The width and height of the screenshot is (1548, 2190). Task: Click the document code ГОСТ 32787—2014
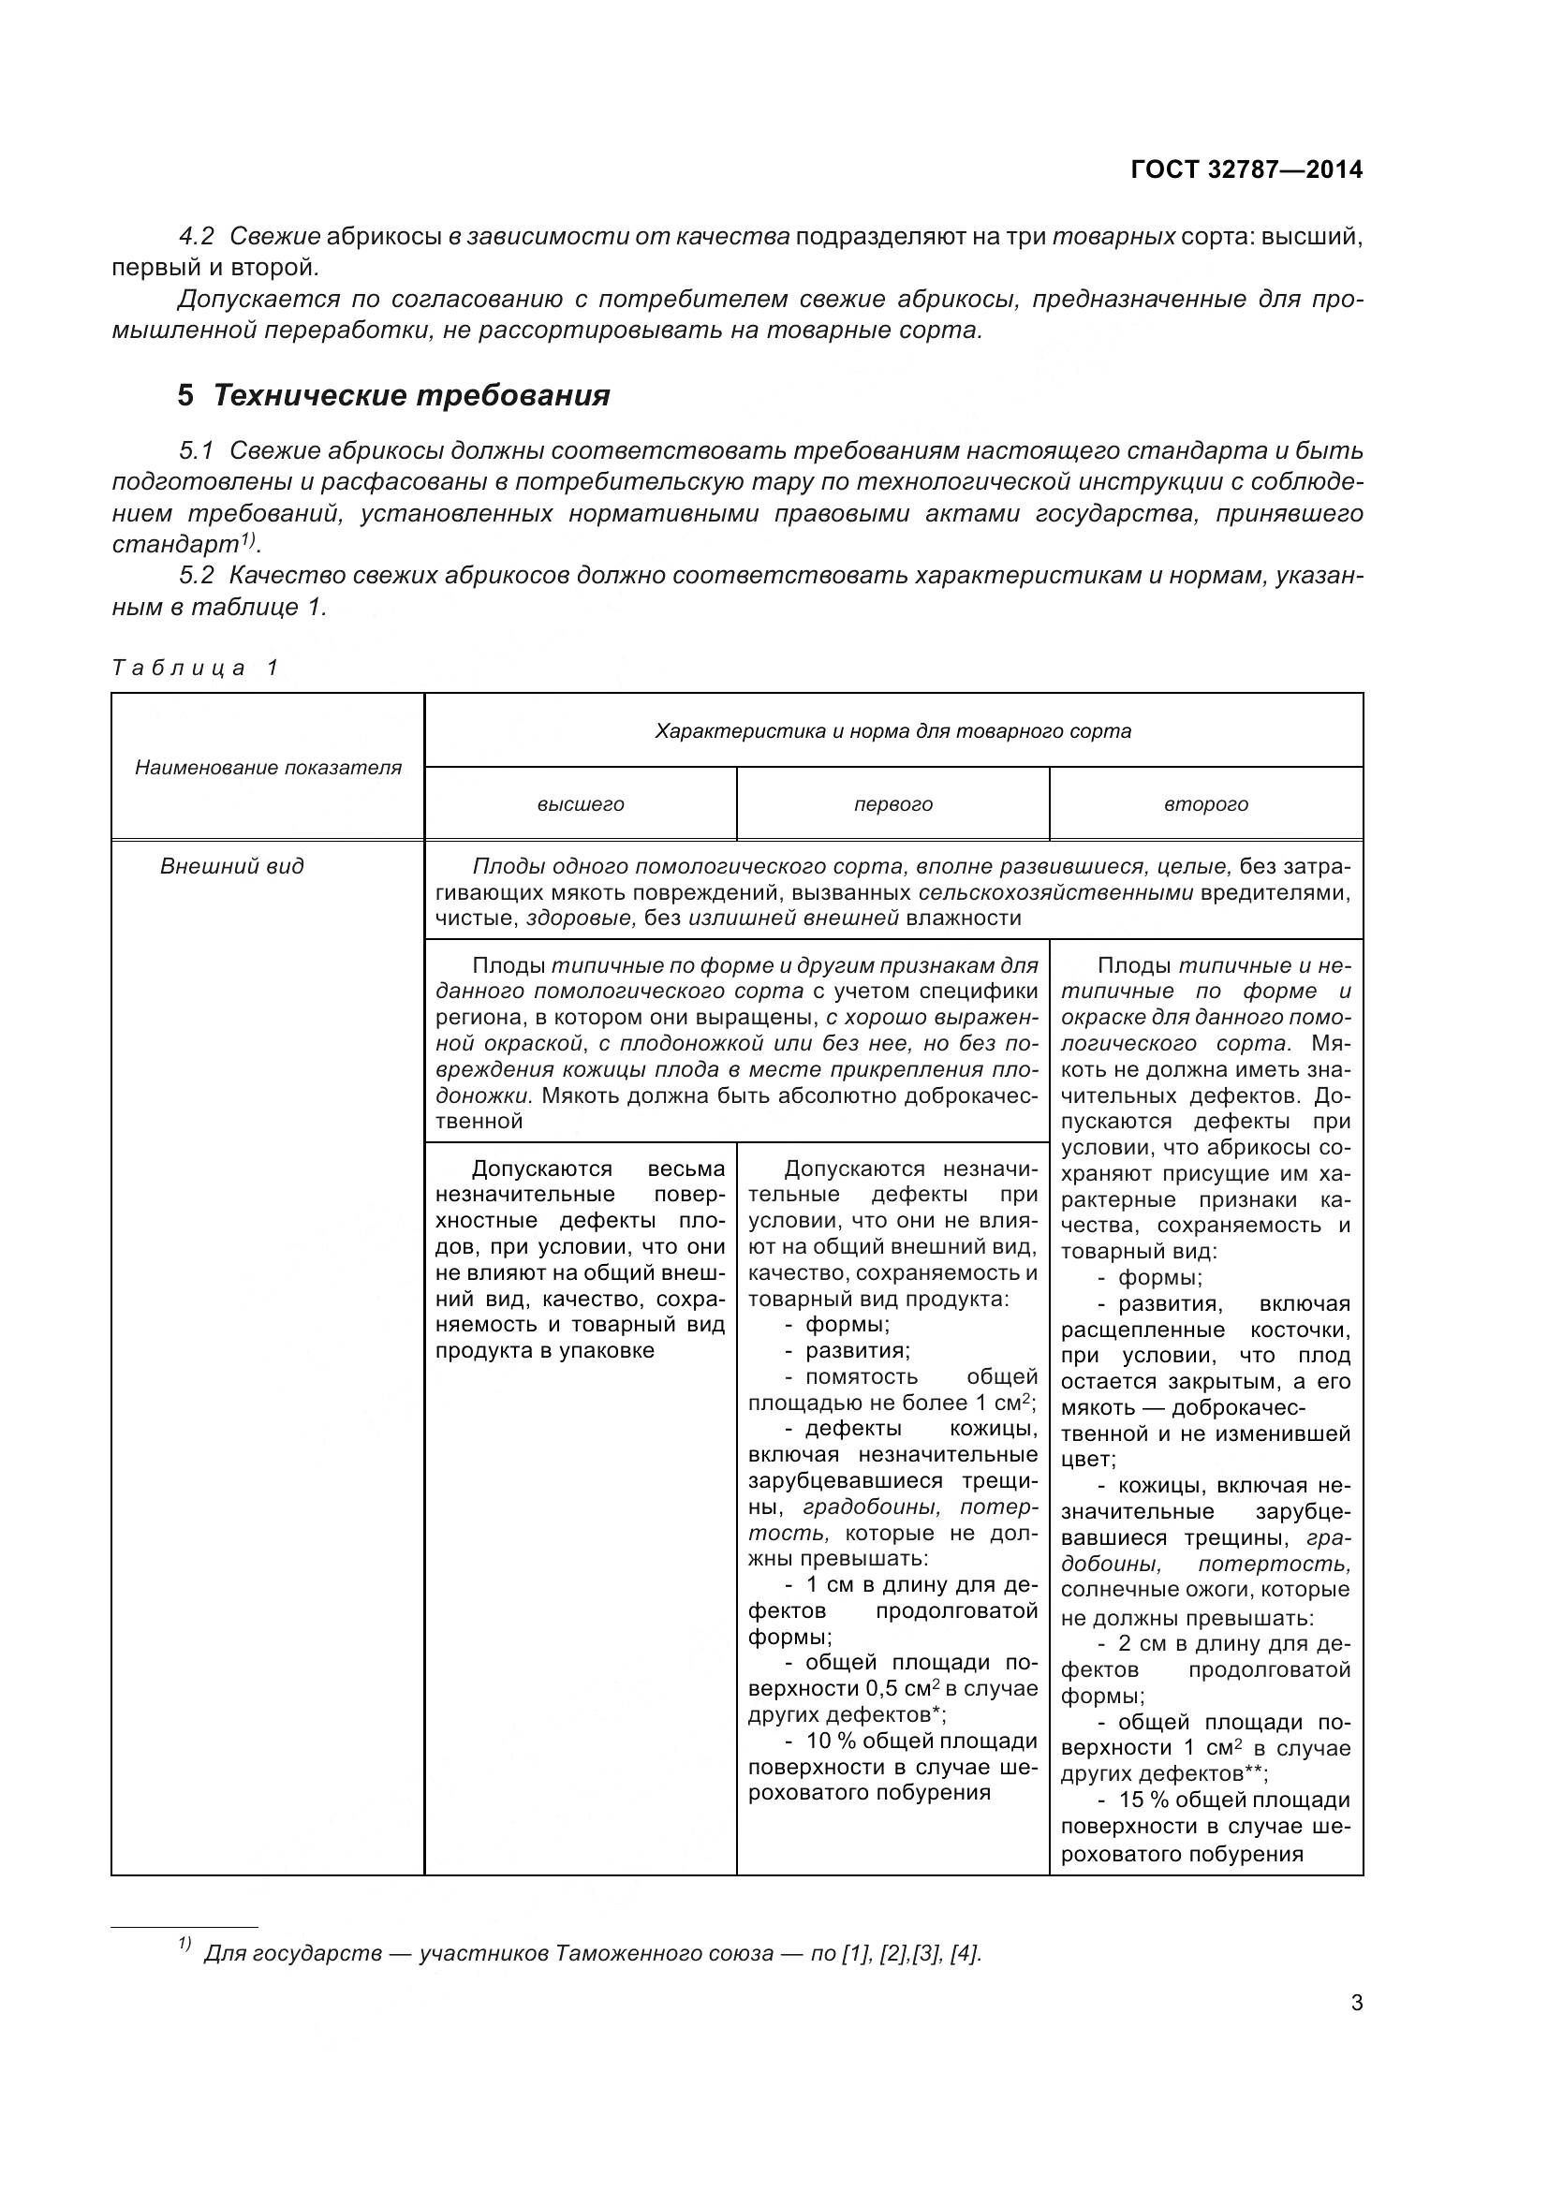click(x=1246, y=169)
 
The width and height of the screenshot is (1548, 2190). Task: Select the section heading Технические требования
click(x=411, y=395)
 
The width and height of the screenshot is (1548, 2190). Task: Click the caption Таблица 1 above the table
click(x=196, y=668)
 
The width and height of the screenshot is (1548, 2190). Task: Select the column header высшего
click(x=580, y=804)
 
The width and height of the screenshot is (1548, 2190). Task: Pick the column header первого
click(x=892, y=804)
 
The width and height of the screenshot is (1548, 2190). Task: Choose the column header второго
click(x=1205, y=804)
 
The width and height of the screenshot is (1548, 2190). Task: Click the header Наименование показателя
click(x=268, y=768)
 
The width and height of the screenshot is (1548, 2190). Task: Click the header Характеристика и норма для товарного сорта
click(x=892, y=731)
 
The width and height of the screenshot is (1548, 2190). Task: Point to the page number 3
click(x=1356, y=2003)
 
